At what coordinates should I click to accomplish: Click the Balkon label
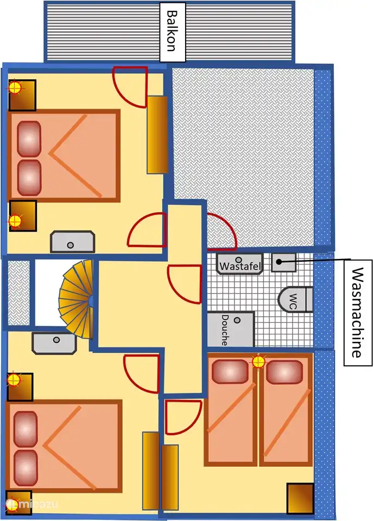[x=170, y=31]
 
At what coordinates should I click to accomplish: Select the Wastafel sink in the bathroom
[x=239, y=263]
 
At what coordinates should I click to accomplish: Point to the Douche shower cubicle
[x=230, y=329]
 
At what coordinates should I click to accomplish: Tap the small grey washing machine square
[x=283, y=262]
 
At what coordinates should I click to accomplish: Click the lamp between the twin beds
[x=258, y=361]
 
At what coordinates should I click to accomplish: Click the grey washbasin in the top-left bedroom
[x=72, y=242]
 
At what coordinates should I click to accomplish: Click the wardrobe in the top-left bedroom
[x=157, y=135]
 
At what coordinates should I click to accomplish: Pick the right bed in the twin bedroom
[x=286, y=410]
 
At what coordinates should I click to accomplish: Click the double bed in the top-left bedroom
[x=64, y=156]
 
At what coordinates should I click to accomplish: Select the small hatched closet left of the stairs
[x=19, y=293]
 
